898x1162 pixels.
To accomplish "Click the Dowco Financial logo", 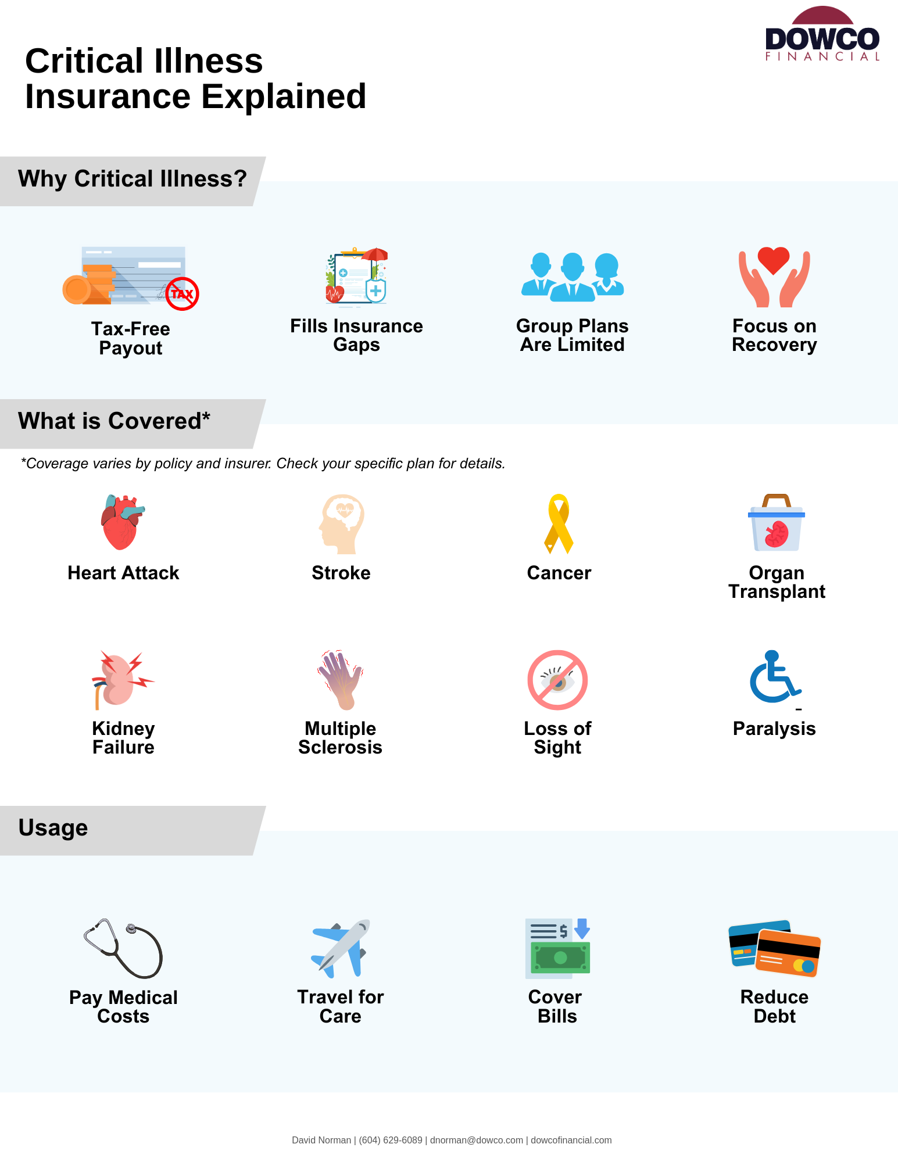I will click(822, 35).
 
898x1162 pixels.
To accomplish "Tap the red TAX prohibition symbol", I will click(182, 293).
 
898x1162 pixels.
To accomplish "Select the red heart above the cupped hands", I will click(774, 259).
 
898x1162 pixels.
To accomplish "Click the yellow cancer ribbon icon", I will click(559, 523).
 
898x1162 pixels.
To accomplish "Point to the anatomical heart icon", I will click(121, 522).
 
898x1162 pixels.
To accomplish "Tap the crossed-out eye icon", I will click(557, 680).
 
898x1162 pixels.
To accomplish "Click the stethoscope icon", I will click(123, 948).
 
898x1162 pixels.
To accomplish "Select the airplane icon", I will click(341, 948).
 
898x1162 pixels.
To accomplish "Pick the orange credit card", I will click(788, 953).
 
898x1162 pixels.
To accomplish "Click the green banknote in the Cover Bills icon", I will click(560, 957).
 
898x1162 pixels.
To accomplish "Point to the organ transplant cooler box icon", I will click(776, 524).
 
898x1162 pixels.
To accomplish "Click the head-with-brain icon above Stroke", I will click(342, 523).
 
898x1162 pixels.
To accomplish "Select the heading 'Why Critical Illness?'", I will click(133, 179).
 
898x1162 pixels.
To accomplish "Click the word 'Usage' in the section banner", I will click(53, 828).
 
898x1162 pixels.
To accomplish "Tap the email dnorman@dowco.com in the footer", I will click(476, 1140).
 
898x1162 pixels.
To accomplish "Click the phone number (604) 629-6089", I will click(391, 1140).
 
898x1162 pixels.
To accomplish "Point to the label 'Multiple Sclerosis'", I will click(341, 738).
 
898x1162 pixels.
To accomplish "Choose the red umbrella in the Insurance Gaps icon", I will click(375, 254).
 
